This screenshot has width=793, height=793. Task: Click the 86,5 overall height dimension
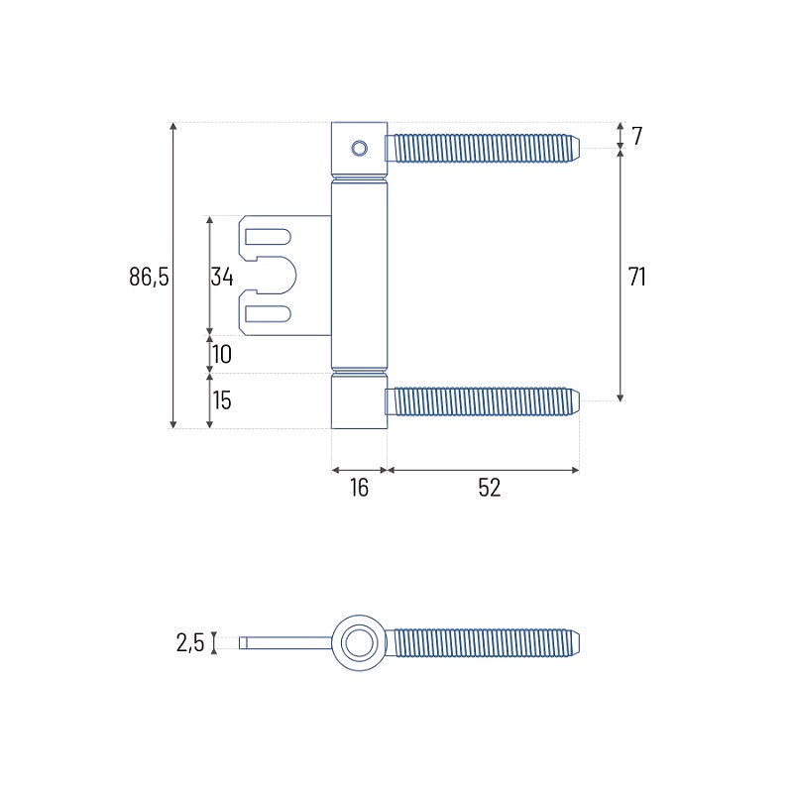[149, 277]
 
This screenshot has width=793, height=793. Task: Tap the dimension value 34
[222, 277]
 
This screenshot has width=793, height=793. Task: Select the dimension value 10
[222, 354]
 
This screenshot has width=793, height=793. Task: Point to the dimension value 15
[222, 400]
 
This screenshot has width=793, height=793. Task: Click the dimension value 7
[636, 136]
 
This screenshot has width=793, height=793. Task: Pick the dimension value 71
[636, 277]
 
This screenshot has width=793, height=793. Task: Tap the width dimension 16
[359, 488]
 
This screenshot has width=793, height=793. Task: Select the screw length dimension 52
[489, 488]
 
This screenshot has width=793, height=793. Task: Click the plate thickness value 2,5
[190, 642]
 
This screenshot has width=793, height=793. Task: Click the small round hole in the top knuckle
[360, 148]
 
